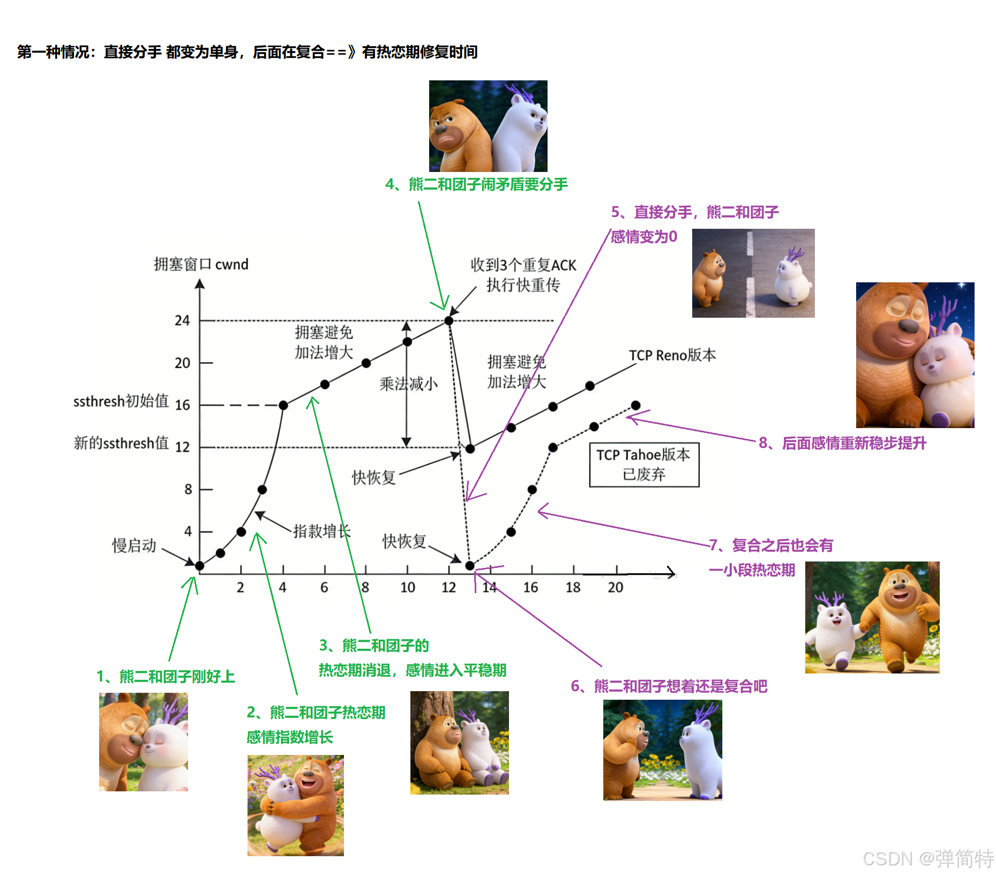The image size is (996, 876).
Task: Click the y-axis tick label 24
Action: point(182,320)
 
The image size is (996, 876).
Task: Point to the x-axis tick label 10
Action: point(407,588)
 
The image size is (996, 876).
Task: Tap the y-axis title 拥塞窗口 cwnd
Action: point(201,264)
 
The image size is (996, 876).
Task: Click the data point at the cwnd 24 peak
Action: point(449,320)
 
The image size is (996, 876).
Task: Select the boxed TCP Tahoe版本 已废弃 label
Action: point(644,465)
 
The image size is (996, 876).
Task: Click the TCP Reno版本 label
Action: point(672,355)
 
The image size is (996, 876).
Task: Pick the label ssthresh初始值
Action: point(121,401)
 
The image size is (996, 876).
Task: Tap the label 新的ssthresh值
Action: point(121,443)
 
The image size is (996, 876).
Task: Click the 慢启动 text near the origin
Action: point(134,545)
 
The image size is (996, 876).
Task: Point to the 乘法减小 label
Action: point(408,384)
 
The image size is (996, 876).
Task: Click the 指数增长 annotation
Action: point(321,531)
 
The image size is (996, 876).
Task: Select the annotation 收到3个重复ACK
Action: point(523,265)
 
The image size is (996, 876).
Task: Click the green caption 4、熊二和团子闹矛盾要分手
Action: point(476,184)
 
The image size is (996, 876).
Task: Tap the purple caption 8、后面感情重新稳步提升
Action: point(842,443)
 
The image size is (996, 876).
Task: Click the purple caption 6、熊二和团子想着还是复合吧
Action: point(669,686)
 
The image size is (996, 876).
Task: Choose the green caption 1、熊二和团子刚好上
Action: point(166,677)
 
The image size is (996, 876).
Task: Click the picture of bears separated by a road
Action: point(753,273)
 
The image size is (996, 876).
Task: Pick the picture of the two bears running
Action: point(872,617)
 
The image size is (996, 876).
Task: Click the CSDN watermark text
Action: point(928,858)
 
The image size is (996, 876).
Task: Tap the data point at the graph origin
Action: point(200,566)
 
